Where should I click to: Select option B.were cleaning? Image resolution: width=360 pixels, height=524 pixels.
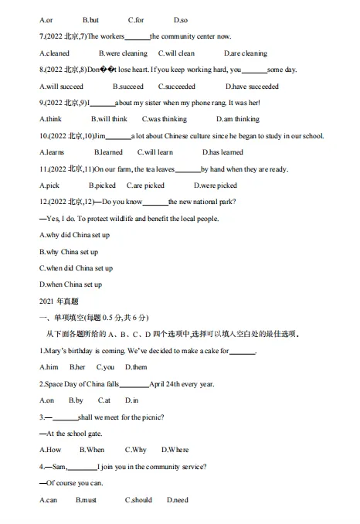(x=119, y=53)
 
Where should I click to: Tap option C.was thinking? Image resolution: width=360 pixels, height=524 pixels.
(x=165, y=119)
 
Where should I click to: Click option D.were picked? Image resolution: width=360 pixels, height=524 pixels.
(x=216, y=185)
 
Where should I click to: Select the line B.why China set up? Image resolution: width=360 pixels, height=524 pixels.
(x=69, y=251)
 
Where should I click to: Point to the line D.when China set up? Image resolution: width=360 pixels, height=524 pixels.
(x=70, y=284)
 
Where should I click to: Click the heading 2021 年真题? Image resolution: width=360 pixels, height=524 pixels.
(x=59, y=301)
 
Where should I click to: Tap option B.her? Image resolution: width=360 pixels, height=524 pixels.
(x=77, y=367)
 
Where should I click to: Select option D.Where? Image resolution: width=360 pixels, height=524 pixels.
(x=175, y=450)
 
